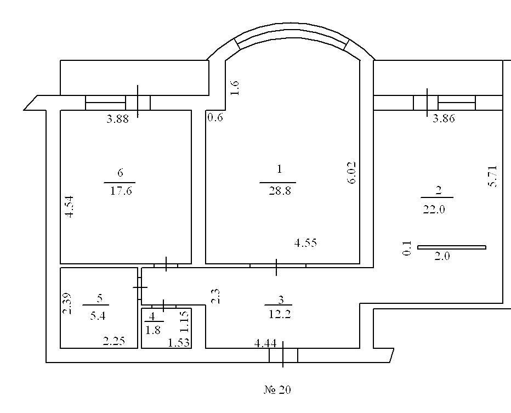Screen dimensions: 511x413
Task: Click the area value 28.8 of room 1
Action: (280, 191)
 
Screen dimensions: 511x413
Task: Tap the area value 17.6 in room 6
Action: (121, 190)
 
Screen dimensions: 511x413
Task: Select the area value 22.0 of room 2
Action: (434, 209)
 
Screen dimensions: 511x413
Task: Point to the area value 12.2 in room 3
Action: (280, 314)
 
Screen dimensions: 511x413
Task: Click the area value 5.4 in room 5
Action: (98, 315)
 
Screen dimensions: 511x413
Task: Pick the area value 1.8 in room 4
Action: (153, 330)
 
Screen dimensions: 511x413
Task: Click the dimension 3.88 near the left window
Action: (118, 119)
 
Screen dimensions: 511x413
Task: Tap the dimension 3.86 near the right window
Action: (444, 118)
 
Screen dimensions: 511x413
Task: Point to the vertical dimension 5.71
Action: (492, 177)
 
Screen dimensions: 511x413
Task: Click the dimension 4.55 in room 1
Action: (305, 243)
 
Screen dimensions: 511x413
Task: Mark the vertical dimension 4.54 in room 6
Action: (69, 206)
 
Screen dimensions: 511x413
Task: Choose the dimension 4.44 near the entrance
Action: (265, 343)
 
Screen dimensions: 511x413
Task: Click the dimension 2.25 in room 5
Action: (114, 341)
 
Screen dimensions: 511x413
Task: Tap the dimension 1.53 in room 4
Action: (179, 343)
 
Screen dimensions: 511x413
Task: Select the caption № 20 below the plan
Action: (277, 389)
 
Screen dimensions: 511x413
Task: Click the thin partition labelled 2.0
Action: (452, 247)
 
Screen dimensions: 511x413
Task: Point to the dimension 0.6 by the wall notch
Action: (215, 117)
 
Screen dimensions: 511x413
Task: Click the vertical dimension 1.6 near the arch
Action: (235, 88)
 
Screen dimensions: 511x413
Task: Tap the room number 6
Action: (120, 173)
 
